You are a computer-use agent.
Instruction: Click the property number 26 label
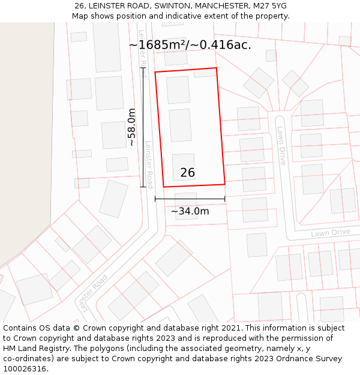[187, 173]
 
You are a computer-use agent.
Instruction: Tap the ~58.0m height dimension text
[131, 127]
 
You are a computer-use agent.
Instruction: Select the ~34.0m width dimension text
[190, 211]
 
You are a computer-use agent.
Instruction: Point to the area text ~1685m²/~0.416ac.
[190, 44]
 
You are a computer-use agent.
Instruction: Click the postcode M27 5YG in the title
[269, 6]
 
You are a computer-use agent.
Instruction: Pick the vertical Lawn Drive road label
[281, 146]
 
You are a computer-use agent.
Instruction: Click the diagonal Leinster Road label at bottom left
[91, 292]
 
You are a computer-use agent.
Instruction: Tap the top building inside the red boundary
[178, 90]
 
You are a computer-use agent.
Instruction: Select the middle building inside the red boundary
[180, 125]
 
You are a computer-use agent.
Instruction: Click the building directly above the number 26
[184, 162]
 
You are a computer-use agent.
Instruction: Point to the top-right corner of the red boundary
[216, 68]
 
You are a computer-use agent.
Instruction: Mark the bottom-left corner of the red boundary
[163, 187]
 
